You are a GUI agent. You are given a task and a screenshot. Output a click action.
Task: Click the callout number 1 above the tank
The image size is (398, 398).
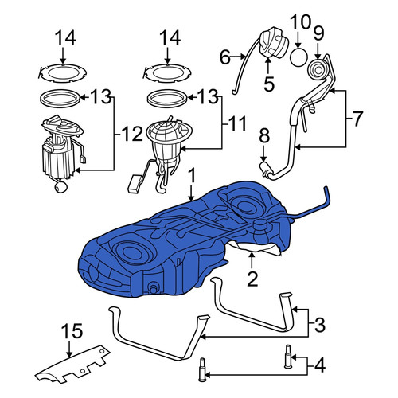[x=192, y=176]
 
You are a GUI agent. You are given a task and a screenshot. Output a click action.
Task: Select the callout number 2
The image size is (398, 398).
[x=252, y=279]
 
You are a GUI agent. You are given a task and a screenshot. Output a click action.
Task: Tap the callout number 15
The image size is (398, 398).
[x=72, y=331]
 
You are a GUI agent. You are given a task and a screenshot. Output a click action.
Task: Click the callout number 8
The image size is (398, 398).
[x=264, y=136]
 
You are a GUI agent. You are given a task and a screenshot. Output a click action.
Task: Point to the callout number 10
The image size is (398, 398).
[x=300, y=21]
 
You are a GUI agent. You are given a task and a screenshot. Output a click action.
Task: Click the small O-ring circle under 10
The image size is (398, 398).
[x=299, y=57]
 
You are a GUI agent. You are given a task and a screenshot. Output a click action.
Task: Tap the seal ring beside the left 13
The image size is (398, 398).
[x=60, y=98]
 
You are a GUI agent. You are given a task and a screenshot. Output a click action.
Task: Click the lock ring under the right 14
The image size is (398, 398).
[x=168, y=73]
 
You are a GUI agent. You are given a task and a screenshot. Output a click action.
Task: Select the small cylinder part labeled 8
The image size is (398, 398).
[x=265, y=168]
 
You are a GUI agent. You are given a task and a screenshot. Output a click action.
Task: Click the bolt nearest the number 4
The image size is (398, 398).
[x=288, y=356]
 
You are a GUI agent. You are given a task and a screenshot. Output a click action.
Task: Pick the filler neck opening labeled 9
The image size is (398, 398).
[x=318, y=69]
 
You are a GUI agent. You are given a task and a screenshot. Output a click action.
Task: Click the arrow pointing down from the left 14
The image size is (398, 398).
[x=63, y=56]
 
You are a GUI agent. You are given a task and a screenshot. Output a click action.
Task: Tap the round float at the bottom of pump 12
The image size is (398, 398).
[x=60, y=187]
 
